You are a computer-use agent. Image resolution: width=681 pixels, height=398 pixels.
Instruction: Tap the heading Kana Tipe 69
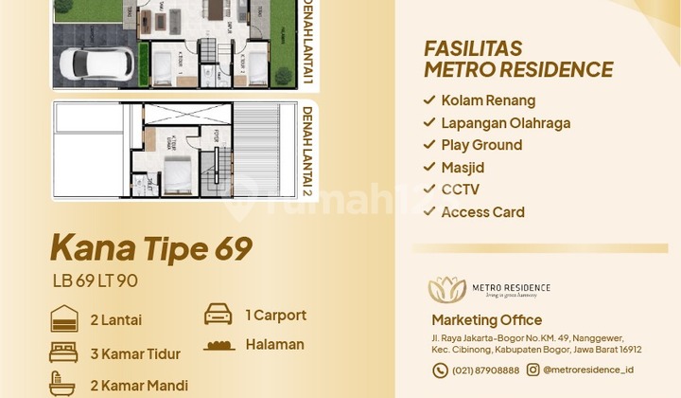[x=150, y=249]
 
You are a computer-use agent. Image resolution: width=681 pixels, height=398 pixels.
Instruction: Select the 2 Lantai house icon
[x=63, y=318]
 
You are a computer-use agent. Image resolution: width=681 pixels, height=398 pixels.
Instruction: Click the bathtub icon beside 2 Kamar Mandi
[x=63, y=384]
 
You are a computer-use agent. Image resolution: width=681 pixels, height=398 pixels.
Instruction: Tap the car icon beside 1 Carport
[x=218, y=315]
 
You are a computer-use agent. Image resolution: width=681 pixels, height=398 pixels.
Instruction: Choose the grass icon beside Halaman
[x=218, y=345]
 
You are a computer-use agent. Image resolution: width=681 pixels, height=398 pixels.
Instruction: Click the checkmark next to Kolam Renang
[x=429, y=100]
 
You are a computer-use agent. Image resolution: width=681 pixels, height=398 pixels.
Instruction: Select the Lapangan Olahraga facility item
[x=505, y=122]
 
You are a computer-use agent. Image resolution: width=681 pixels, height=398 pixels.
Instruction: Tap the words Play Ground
[x=481, y=145]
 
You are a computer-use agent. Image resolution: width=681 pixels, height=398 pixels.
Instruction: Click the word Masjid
[x=462, y=167]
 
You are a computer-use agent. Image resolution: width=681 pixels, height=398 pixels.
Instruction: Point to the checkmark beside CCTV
[x=429, y=190]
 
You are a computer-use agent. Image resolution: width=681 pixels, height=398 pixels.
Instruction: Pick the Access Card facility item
[x=482, y=212]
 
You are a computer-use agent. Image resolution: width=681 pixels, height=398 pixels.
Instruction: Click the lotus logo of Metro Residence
[x=446, y=290]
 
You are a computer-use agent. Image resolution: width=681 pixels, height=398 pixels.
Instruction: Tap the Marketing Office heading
[x=486, y=320]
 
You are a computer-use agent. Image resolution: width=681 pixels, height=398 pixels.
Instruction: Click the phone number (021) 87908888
[x=485, y=371]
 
